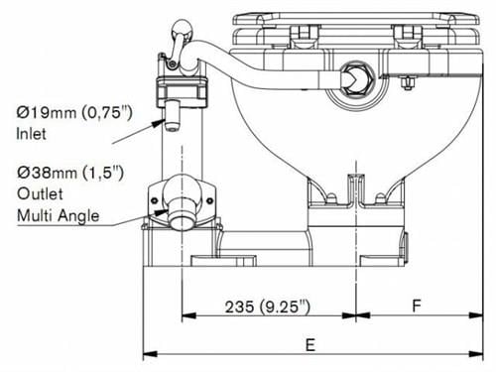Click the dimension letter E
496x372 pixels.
pos(310,345)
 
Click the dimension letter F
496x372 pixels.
pos(417,306)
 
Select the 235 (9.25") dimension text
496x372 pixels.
pos(268,307)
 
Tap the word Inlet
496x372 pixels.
pos(31,134)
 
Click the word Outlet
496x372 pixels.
pos(40,193)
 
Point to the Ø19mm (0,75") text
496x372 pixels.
pos(74,112)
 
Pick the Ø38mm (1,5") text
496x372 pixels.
pos(70,173)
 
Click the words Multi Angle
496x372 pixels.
pos(59,216)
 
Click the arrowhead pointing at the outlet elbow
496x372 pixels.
pos(162,212)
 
